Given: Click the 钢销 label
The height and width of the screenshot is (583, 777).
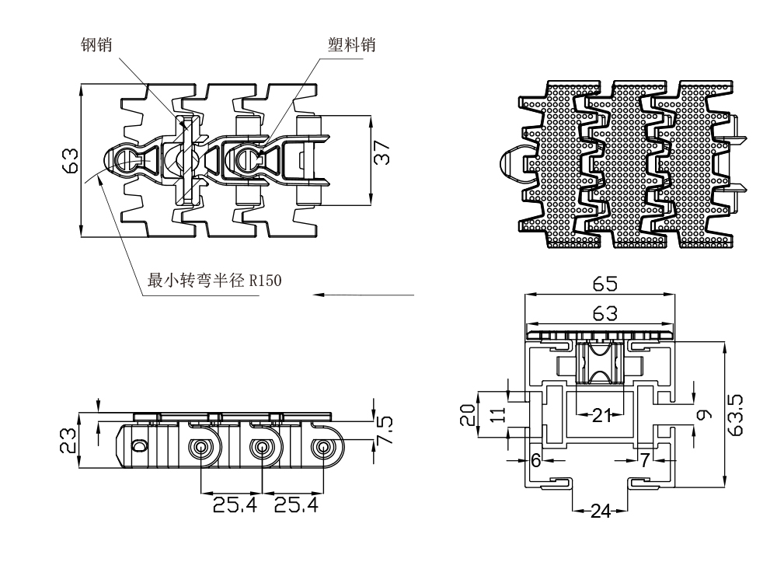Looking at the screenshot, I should coord(96,45).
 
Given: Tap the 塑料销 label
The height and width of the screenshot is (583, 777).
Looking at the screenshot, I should coord(351,45).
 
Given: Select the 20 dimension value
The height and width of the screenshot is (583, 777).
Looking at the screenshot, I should coord(466,414).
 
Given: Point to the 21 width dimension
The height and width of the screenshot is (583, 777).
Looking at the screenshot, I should coord(601,415).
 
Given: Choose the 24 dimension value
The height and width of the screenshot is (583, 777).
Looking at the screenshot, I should coord(599,511).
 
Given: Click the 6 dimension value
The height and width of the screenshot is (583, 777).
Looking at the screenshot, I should coord(535,460).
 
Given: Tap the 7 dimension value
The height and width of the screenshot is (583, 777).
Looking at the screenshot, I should coord(645,460).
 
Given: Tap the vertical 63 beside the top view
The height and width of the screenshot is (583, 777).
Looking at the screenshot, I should coord(69,161).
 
